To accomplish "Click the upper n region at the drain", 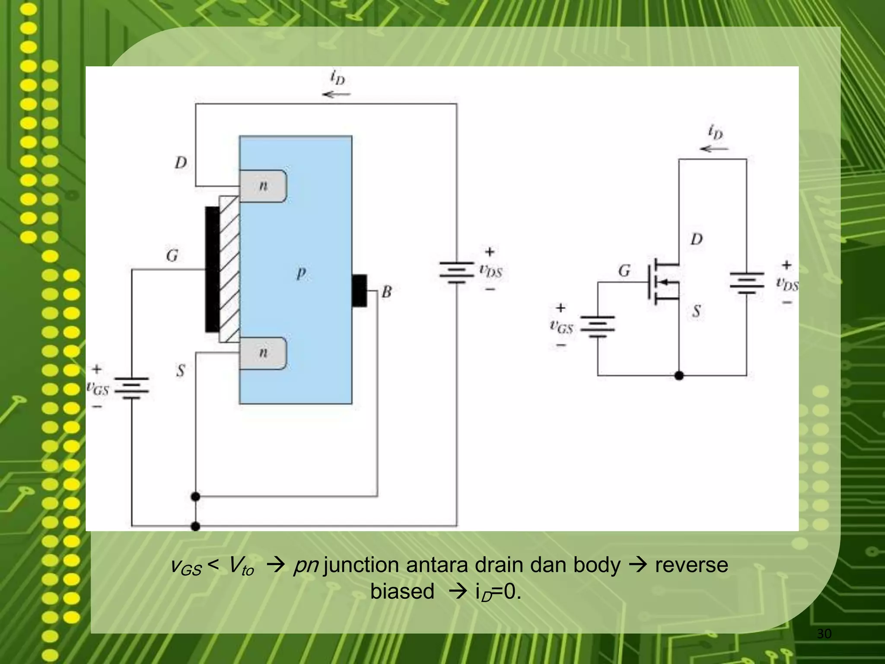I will tap(263, 186).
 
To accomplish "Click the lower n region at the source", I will tap(263, 353).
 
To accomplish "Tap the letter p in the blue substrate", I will tap(301, 273).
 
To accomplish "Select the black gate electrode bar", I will tap(212, 269).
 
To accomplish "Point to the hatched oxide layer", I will tap(229, 269).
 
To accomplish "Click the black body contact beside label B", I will tap(359, 290).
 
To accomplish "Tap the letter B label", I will tap(387, 292).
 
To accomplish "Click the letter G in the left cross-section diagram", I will tap(172, 255).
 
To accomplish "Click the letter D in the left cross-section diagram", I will tap(181, 163).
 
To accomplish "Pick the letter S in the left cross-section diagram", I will tap(181, 370).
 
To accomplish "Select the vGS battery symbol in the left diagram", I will tap(132, 388).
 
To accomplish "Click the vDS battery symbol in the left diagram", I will tap(456, 272).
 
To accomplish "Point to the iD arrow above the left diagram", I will tap(336, 94).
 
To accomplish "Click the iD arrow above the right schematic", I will tap(714, 149).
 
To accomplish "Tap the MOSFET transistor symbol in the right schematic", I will tap(661, 281).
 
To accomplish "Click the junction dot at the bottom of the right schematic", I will tap(679, 375).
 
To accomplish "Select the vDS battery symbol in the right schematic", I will tap(746, 282).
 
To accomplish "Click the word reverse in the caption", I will tap(691, 565).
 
